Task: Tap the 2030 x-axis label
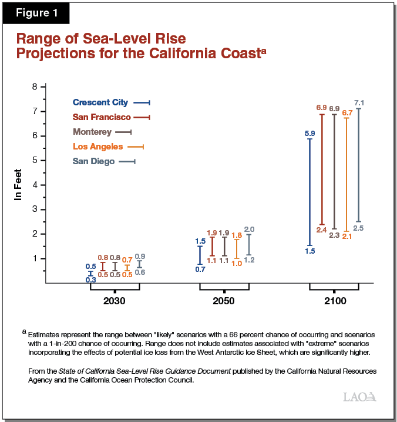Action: tap(115, 301)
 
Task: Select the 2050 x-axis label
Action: tap(224, 301)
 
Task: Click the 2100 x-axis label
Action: tap(334, 301)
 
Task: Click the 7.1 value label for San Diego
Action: tap(359, 103)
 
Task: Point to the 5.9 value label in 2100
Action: tap(309, 134)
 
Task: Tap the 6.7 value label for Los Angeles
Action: tap(346, 112)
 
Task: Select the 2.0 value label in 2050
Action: tap(249, 229)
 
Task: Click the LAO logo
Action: tap(359, 397)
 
